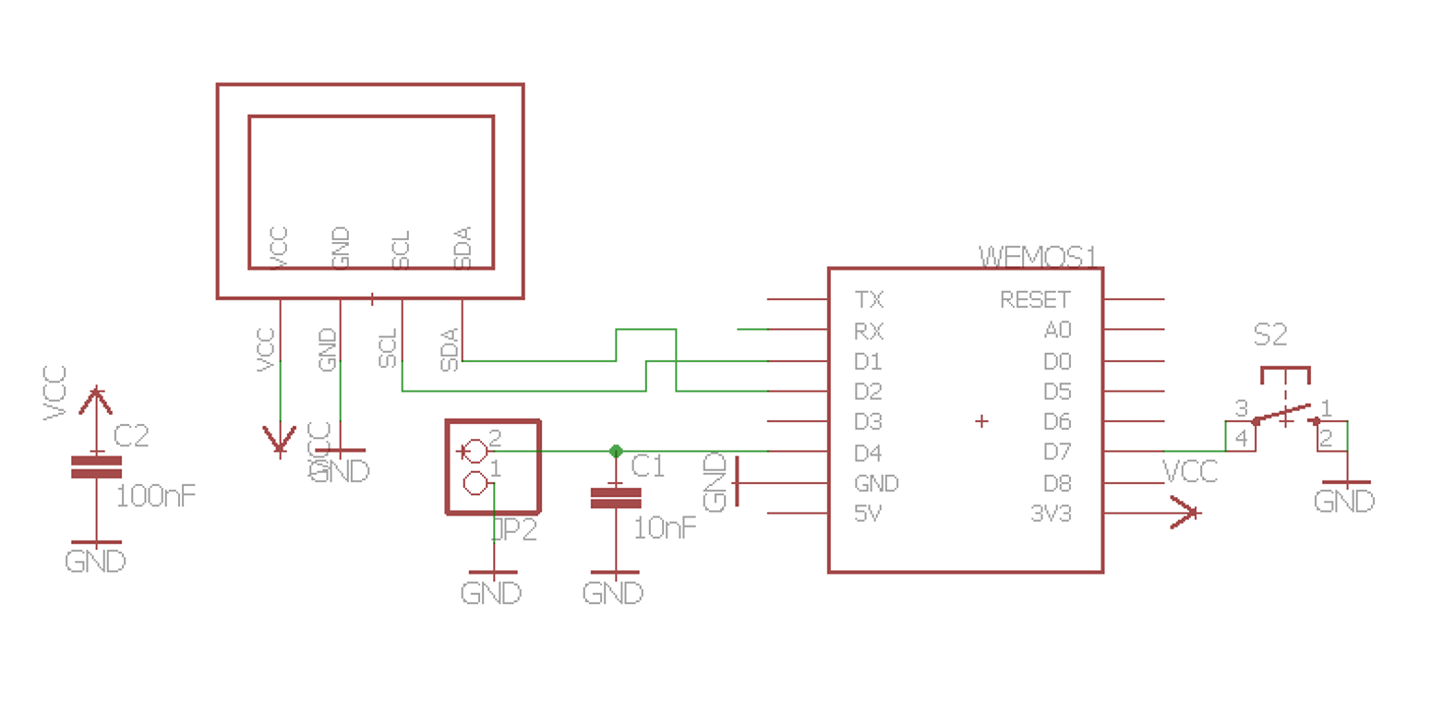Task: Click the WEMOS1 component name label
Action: [1037, 256]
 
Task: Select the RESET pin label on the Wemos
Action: [1035, 299]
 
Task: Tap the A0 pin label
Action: [1057, 330]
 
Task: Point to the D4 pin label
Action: [868, 453]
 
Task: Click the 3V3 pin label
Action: [1051, 514]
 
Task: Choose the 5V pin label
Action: [868, 514]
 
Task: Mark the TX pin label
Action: [869, 299]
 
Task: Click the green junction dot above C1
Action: [616, 451]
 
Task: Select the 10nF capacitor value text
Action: [665, 528]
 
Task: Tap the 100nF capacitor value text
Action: [155, 496]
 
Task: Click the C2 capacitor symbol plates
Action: [96, 467]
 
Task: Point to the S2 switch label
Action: [1269, 334]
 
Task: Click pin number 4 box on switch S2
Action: [1241, 438]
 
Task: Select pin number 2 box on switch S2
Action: [1326, 438]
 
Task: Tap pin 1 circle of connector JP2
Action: [475, 482]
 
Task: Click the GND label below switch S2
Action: [1344, 502]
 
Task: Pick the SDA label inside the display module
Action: [463, 248]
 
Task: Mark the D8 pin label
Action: [1057, 483]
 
